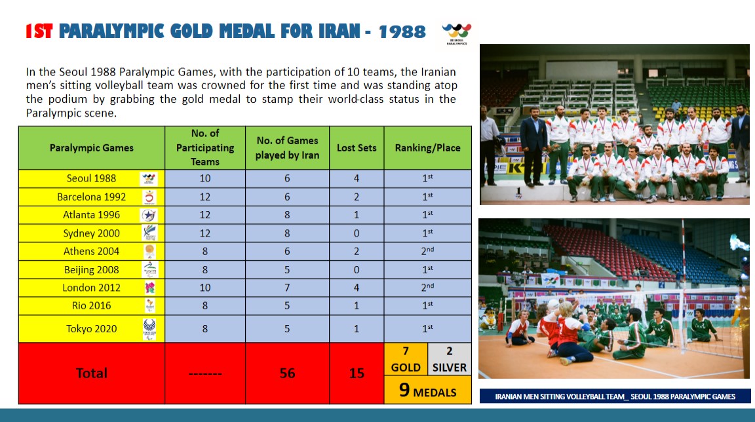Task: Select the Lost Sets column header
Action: click(357, 148)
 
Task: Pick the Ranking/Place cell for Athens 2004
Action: click(427, 251)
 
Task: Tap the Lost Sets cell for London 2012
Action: click(357, 288)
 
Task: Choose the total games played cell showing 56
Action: click(287, 373)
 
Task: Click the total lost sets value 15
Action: click(357, 373)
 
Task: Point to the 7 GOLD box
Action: click(406, 359)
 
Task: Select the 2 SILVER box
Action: click(449, 359)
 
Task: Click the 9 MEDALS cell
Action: click(427, 391)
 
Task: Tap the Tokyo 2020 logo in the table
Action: click(150, 328)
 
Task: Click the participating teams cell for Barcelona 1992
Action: click(205, 197)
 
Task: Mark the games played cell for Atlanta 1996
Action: click(287, 215)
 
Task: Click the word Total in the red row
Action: click(91, 373)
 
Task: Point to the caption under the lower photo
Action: click(615, 396)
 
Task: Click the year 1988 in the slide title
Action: click(402, 31)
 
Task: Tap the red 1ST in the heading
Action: click(39, 31)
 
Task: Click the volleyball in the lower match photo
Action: click(553, 306)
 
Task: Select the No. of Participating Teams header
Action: click(205, 148)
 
